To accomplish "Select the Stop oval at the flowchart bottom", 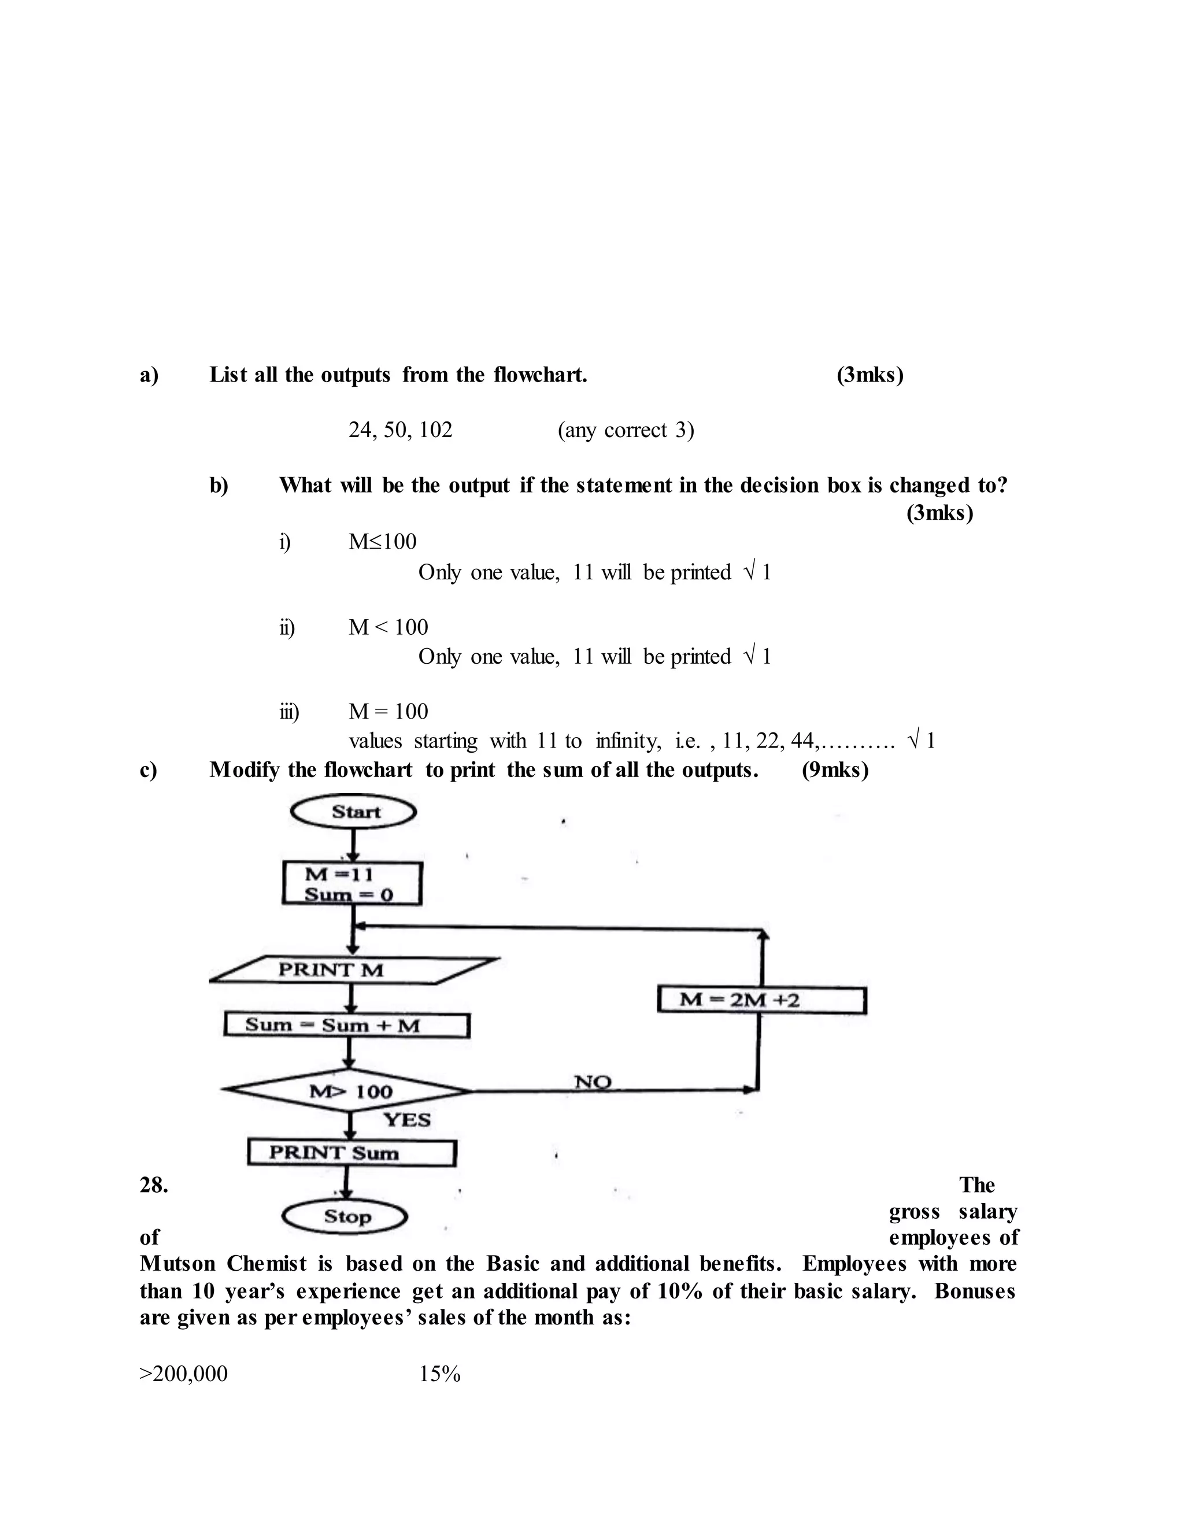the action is pos(345,1217).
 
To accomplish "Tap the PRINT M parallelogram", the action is pos(354,970).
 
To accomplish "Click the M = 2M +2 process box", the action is pos(762,1000).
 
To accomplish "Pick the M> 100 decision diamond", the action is pos(349,1091).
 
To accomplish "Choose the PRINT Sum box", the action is pos(352,1153).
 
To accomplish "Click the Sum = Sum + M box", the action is pos(346,1026).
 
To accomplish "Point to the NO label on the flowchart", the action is pos(593,1081).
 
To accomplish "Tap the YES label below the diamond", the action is pos(407,1120).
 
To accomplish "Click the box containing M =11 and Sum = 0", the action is pos(352,884).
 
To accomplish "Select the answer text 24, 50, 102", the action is pos(401,430).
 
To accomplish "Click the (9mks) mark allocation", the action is pos(835,770).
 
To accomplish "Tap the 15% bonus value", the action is pos(440,1374).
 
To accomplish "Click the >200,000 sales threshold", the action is pos(184,1374).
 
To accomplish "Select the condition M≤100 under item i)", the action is pos(382,542).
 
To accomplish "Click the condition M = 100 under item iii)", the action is pos(388,711).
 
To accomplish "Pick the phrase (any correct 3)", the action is pos(626,430).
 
